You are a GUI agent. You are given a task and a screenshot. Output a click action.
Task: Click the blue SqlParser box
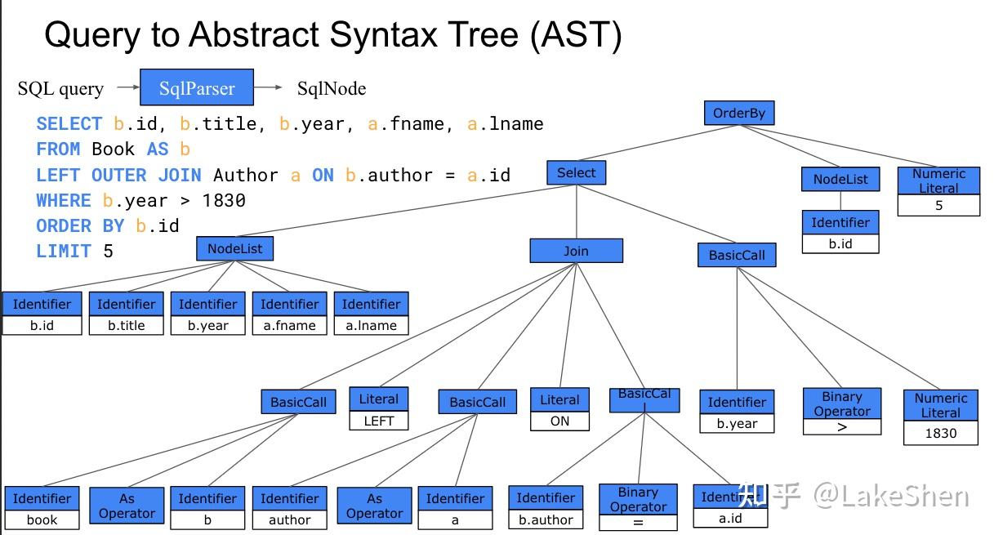point(197,87)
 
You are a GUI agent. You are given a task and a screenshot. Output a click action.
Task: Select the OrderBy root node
point(739,113)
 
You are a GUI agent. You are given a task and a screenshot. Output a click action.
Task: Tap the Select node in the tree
point(576,172)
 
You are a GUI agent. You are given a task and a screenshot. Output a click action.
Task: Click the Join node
point(576,251)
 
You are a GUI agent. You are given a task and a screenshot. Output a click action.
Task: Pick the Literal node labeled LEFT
point(378,408)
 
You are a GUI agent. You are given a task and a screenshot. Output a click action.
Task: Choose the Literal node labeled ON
point(559,409)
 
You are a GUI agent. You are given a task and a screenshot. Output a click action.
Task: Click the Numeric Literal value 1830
point(941,433)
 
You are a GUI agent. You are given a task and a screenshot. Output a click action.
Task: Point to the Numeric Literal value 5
point(938,205)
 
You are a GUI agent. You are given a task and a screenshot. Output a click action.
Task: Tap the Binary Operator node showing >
point(842,411)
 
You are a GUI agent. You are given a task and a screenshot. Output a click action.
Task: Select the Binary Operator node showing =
point(638,507)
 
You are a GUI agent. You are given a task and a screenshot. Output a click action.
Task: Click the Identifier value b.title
point(126,325)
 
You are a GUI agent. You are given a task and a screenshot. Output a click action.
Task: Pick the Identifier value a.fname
point(289,325)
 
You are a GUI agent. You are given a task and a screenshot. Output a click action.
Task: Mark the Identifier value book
point(42,519)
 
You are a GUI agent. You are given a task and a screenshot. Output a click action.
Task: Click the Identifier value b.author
point(546,519)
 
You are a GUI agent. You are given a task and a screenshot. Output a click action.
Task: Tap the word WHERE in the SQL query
point(64,200)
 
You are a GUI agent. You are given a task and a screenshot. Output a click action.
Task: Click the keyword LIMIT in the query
point(64,251)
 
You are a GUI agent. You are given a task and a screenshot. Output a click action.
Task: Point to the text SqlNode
point(332,88)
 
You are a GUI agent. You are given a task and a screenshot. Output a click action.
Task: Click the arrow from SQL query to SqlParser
point(128,87)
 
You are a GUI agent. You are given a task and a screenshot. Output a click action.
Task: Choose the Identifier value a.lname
point(371,325)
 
